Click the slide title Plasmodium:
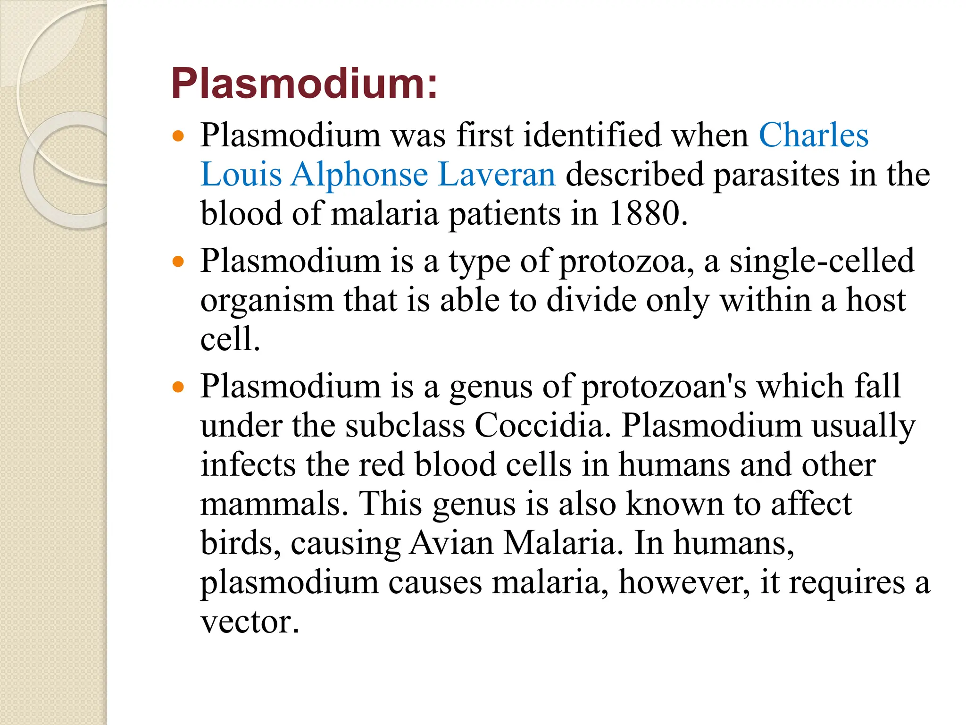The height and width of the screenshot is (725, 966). click(x=304, y=84)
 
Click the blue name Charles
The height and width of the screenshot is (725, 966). click(x=813, y=135)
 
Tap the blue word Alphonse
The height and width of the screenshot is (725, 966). click(x=359, y=175)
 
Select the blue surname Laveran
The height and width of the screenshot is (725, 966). click(x=497, y=175)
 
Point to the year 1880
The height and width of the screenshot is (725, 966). click(x=647, y=214)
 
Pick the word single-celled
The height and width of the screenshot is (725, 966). click(x=822, y=261)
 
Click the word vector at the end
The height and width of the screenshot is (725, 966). click(x=250, y=622)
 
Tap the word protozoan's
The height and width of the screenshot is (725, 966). click(x=664, y=387)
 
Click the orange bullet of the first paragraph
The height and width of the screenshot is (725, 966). click(x=178, y=137)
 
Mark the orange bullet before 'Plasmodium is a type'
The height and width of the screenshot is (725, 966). click(x=178, y=262)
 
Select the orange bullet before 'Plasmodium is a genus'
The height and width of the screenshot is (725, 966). click(x=178, y=388)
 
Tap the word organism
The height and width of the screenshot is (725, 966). click(x=266, y=300)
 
